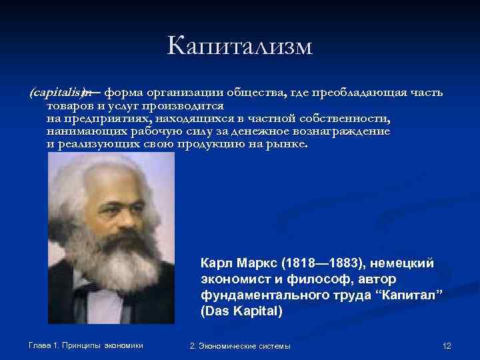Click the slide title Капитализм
click(240, 46)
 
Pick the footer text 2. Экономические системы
click(240, 345)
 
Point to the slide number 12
click(447, 345)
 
